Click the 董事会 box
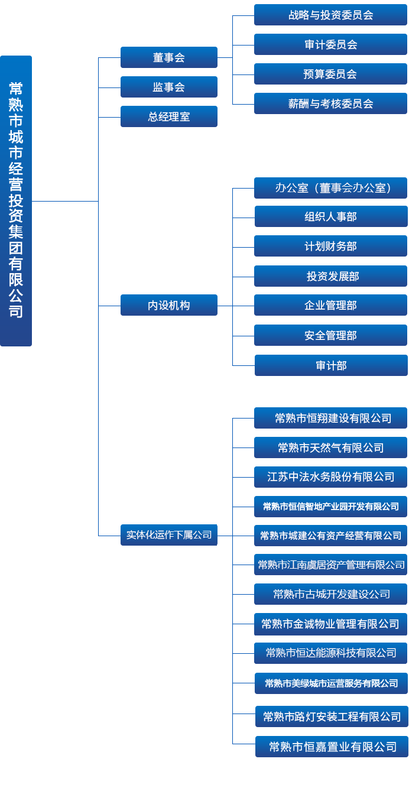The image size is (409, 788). coord(168,57)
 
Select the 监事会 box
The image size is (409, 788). coord(168,87)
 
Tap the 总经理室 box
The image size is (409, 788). coord(168,116)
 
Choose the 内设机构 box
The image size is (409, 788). coord(168,305)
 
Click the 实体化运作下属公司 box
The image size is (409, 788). coord(168,534)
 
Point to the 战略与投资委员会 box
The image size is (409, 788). coord(330,15)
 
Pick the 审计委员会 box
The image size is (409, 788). coord(330,44)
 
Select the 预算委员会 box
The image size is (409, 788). coord(330,74)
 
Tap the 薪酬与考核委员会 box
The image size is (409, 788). coord(330,103)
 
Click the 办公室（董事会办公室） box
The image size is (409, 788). coord(330,188)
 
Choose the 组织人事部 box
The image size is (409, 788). coord(330,216)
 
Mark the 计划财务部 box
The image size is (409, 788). coord(330,246)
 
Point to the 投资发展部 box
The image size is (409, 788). coord(330,276)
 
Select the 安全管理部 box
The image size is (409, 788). coord(330,335)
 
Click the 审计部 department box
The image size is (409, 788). coord(330,365)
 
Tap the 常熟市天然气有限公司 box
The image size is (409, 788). coord(330,447)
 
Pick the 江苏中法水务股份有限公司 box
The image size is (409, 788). coord(330,476)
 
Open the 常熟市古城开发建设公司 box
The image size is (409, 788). coord(330,594)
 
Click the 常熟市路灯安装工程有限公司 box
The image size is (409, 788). coord(332,716)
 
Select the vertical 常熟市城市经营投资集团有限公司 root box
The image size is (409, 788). coord(16,201)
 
